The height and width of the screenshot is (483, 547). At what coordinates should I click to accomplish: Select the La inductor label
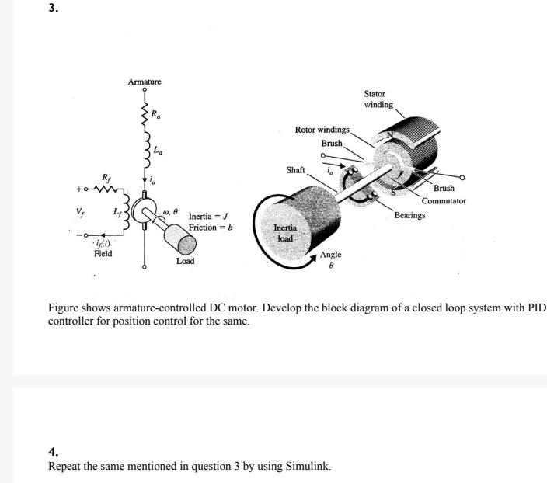click(158, 149)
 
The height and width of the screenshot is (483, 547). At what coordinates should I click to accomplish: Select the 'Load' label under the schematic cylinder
click(185, 262)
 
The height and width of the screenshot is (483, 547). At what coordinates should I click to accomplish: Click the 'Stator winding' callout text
click(378, 99)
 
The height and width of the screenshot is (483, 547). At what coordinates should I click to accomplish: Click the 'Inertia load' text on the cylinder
click(286, 233)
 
